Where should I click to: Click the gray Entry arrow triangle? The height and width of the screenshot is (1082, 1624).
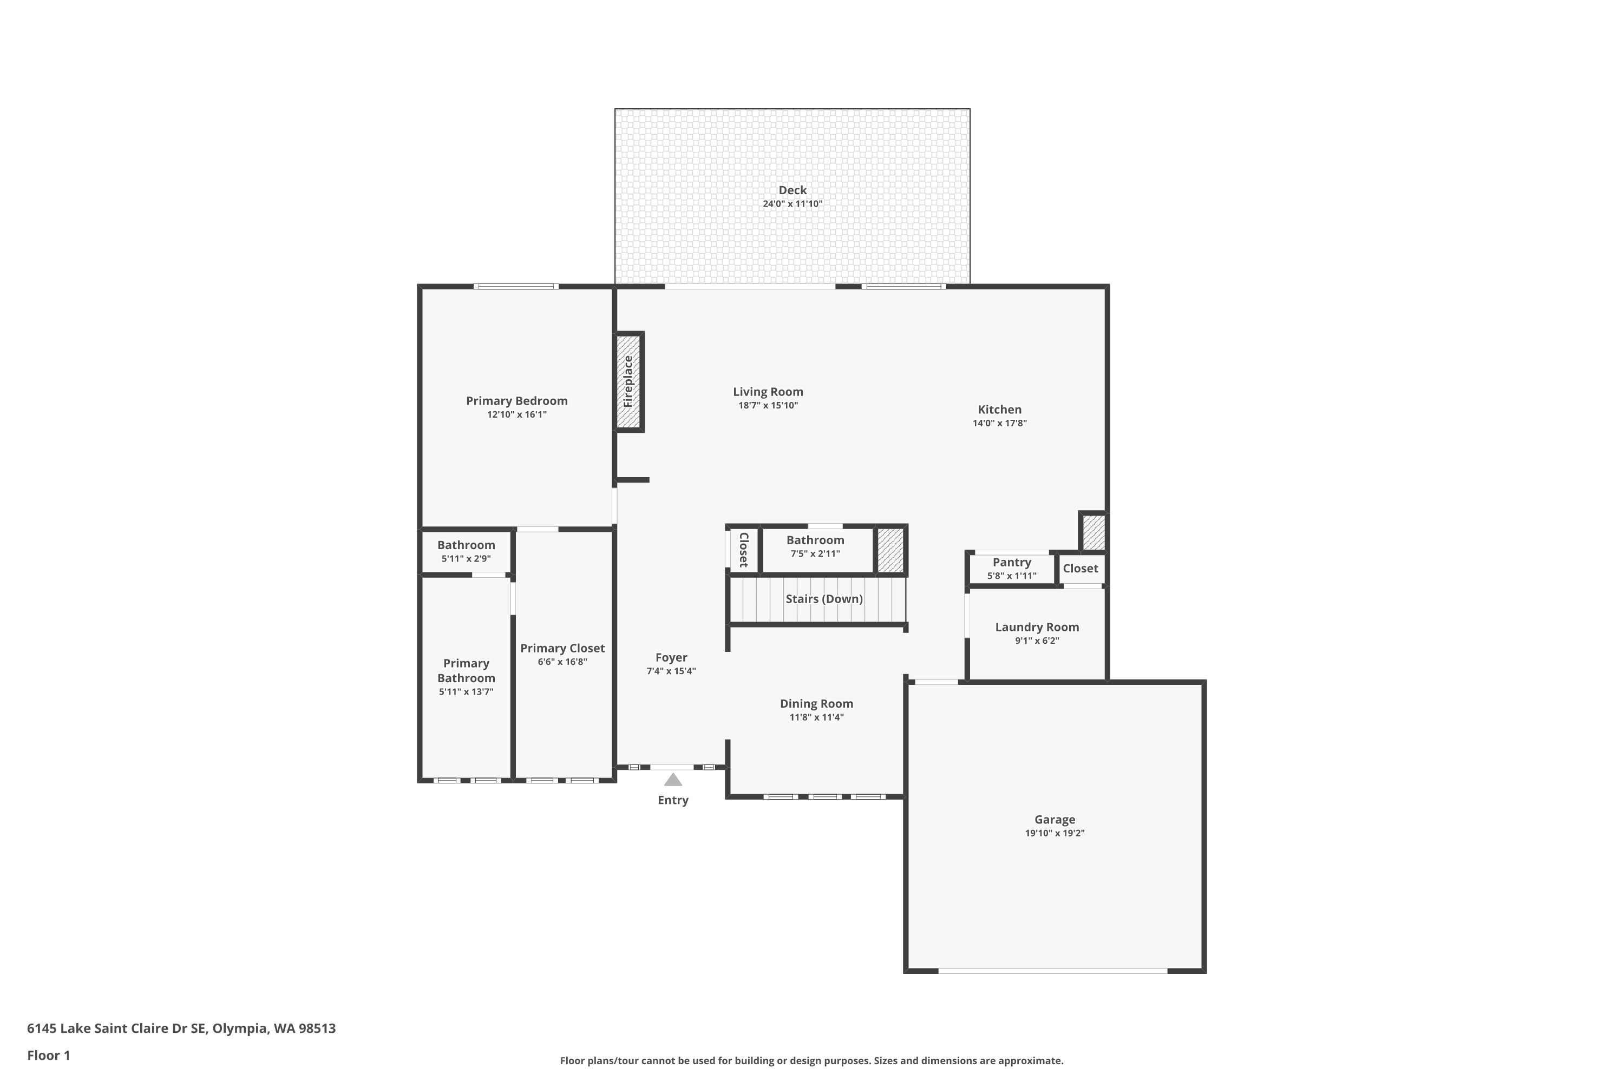[673, 780]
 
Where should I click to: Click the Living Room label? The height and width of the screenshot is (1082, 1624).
[768, 392]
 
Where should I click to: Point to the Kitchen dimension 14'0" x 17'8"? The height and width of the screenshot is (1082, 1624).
[1000, 424]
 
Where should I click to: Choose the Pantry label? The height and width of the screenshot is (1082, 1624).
[1012, 563]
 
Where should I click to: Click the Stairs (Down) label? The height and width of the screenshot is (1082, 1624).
[824, 599]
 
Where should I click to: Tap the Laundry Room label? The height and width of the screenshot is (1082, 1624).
[1037, 627]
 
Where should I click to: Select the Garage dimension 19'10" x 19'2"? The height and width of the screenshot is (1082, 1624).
[1055, 834]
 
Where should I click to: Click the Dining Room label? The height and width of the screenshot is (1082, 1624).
[817, 704]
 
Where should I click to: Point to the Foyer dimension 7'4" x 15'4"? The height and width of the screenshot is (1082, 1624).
[671, 671]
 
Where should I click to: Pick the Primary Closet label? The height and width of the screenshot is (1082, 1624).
[563, 649]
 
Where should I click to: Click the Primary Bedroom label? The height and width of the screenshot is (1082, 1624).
[517, 401]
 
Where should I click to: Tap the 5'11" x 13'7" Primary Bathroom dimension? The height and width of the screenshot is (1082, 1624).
[466, 692]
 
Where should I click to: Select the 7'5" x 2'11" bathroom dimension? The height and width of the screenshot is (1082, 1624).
[815, 554]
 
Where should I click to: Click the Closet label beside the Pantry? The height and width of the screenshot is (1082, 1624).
[1081, 569]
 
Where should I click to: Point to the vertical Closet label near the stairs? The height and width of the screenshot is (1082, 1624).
[744, 550]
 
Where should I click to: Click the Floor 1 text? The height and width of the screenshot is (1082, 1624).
[49, 1055]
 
